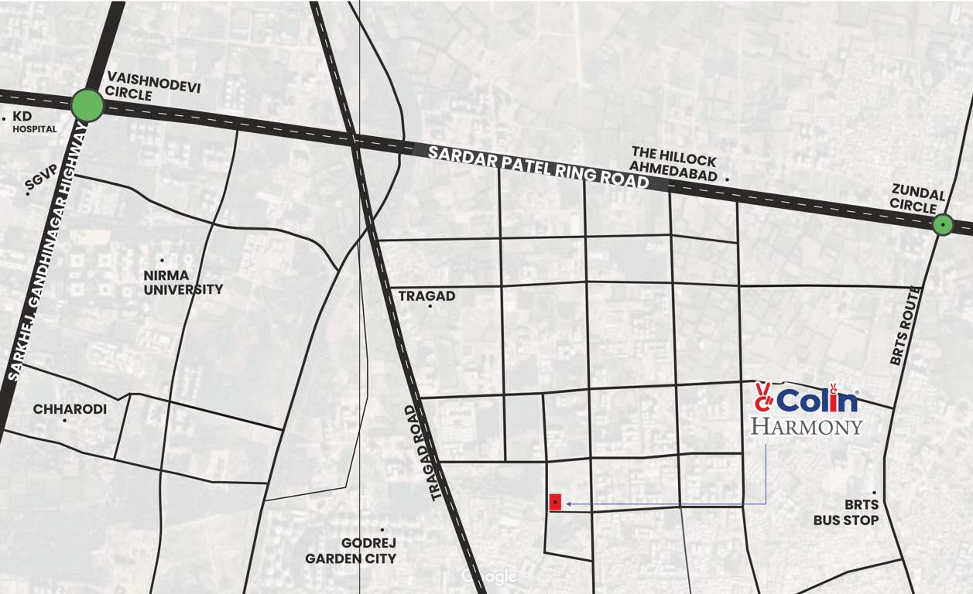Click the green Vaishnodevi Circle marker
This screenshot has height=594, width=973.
pyautogui.click(x=87, y=105)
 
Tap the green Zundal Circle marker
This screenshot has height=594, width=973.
pyautogui.click(x=942, y=224)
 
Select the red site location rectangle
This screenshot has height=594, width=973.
pyautogui.click(x=555, y=502)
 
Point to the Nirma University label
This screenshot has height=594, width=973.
pyautogui.click(x=183, y=282)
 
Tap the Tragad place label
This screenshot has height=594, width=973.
pyautogui.click(x=427, y=296)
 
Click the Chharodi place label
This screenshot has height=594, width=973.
pyautogui.click(x=70, y=409)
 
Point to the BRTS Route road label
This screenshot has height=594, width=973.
pyautogui.click(x=906, y=325)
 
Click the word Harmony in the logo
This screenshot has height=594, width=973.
pyautogui.click(x=807, y=426)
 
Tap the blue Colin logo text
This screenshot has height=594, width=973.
pyautogui.click(x=817, y=401)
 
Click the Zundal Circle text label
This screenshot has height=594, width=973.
pyautogui.click(x=917, y=198)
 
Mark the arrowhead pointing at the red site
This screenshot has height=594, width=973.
pyautogui.click(x=569, y=504)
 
